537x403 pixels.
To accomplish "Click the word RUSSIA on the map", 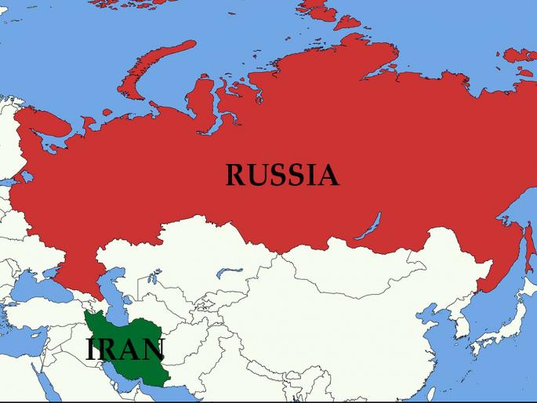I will [x=282, y=175].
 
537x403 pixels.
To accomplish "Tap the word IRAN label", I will [x=125, y=350].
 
